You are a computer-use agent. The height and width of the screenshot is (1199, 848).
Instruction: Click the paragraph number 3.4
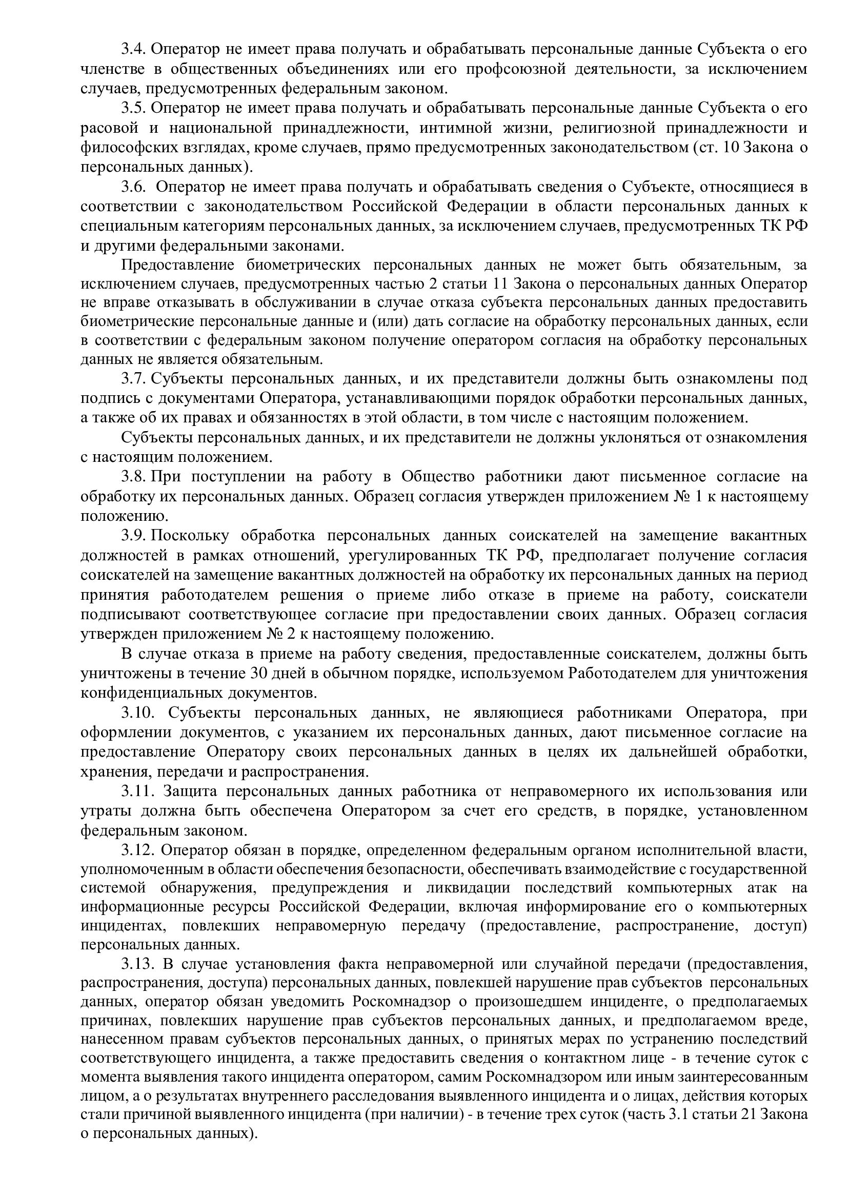133,50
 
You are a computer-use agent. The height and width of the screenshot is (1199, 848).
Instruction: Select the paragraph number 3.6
133,187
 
